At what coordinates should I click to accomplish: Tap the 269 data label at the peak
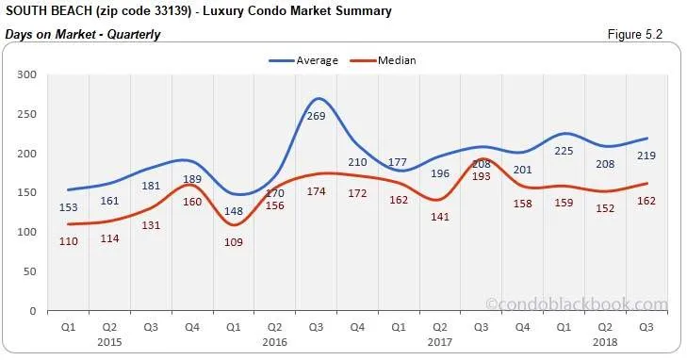(317, 116)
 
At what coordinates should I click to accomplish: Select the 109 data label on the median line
(235, 242)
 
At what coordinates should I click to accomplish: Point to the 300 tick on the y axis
(27, 74)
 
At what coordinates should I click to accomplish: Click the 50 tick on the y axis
(30, 270)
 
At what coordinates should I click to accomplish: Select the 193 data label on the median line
(482, 176)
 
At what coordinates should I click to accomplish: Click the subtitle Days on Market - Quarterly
(82, 35)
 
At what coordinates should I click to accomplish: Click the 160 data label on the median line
(193, 202)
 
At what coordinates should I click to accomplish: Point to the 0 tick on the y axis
(34, 310)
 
